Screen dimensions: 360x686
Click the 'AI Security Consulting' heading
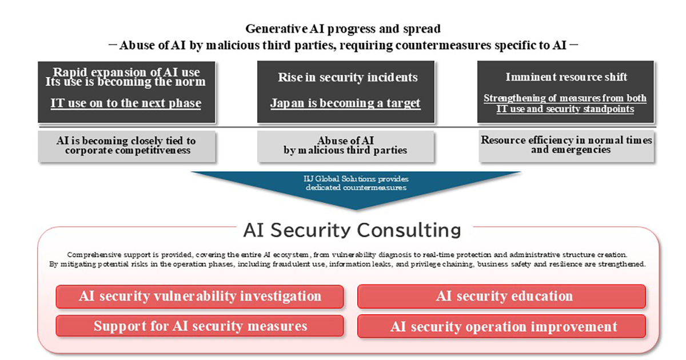pyautogui.click(x=352, y=230)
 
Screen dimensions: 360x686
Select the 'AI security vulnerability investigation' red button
pyautogui.click(x=200, y=297)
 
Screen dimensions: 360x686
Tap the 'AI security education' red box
pyautogui.click(x=501, y=297)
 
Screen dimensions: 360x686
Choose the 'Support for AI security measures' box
pyautogui.click(x=200, y=326)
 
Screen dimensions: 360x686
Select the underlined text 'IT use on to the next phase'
pyautogui.click(x=126, y=103)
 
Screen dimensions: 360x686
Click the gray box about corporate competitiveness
pyautogui.click(x=126, y=146)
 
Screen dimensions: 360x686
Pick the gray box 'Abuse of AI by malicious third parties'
pyautogui.click(x=345, y=146)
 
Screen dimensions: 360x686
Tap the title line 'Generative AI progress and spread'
pyautogui.click(x=343, y=29)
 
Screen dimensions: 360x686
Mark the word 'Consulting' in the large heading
pyautogui.click(x=409, y=230)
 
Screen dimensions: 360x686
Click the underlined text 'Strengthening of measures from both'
pyautogui.click(x=565, y=98)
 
